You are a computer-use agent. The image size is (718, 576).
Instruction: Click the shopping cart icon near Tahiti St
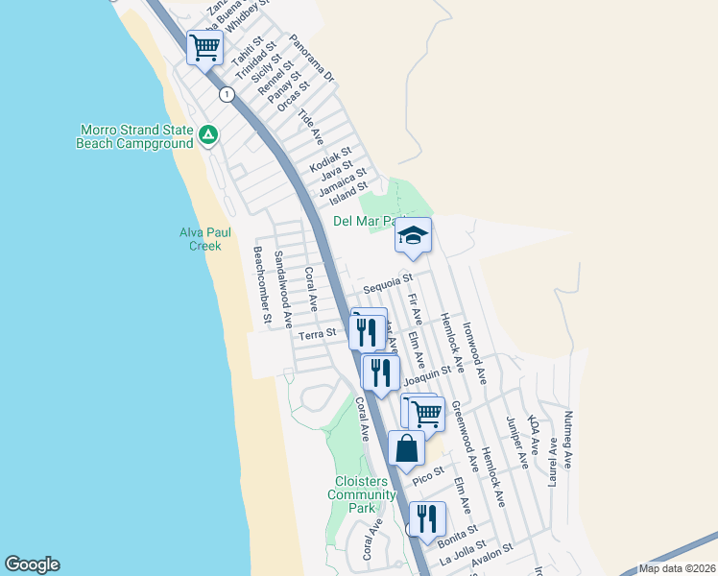click(x=204, y=46)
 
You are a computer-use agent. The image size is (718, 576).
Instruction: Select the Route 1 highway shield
click(x=227, y=94)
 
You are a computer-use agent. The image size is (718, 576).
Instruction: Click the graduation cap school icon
click(x=413, y=235)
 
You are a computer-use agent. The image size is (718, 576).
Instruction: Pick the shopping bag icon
click(x=407, y=448)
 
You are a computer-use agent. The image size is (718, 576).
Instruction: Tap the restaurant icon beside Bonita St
click(x=428, y=518)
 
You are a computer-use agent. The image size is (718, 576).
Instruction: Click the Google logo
click(x=32, y=564)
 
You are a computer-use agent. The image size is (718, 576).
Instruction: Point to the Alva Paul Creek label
click(x=201, y=239)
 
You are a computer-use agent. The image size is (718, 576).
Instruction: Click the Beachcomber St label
click(x=262, y=284)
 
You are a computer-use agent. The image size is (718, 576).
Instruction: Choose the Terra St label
click(x=317, y=334)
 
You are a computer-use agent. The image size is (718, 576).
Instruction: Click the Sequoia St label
click(x=388, y=284)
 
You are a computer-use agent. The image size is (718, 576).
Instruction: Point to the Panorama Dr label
click(x=310, y=60)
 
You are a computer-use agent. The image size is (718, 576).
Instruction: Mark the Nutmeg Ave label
click(x=569, y=439)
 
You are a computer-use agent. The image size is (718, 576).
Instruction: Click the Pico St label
click(x=427, y=473)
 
